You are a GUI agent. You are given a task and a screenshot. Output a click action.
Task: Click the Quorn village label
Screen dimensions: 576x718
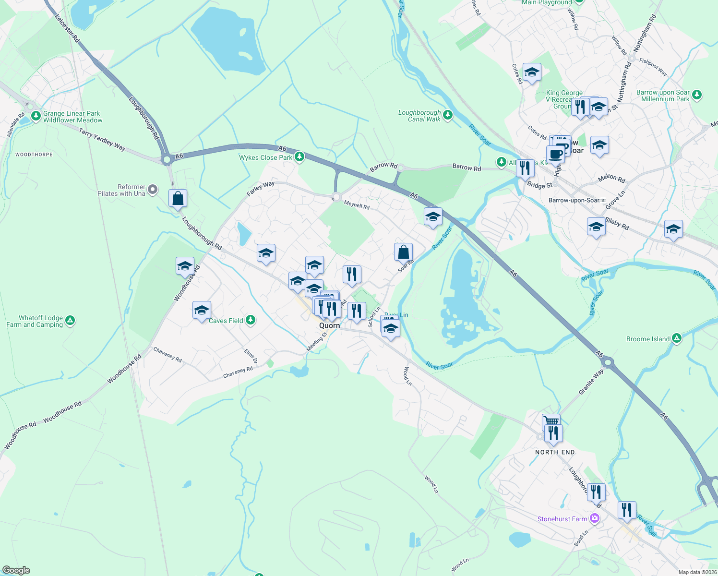[x=329, y=325]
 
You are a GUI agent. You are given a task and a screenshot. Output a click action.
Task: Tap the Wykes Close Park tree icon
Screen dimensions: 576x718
[x=299, y=157]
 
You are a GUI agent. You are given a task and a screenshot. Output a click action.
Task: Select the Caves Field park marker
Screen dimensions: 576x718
[x=250, y=320]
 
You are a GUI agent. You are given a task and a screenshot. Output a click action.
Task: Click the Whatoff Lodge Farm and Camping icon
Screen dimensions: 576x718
[x=70, y=321]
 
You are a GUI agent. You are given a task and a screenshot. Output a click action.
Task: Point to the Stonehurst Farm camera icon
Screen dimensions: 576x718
[x=595, y=518]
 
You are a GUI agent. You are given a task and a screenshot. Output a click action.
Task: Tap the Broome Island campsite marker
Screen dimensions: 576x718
[x=677, y=338]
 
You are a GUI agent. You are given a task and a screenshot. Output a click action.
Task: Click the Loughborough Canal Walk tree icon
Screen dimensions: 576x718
[x=447, y=115]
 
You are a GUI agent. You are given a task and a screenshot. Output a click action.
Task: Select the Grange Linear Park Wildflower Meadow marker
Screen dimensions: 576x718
[x=36, y=116]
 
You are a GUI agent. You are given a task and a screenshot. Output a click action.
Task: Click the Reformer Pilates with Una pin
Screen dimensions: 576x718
[x=153, y=190]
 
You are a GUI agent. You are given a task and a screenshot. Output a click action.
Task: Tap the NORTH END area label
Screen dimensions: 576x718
[x=555, y=452]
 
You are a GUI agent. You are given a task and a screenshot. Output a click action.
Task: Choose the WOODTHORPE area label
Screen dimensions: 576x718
[x=34, y=155]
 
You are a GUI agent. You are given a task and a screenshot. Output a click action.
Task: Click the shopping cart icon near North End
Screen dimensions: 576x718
[x=551, y=421]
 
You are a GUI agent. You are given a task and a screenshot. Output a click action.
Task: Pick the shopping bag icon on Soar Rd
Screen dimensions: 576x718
[x=403, y=252]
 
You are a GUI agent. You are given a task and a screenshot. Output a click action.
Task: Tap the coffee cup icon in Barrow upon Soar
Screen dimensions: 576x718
[x=555, y=155]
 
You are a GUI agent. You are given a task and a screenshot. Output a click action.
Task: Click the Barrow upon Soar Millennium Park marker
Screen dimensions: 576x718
[x=697, y=95]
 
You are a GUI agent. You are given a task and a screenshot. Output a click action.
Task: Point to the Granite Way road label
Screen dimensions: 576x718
[x=591, y=382]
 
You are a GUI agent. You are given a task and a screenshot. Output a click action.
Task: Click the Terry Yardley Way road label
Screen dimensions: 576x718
[x=102, y=140]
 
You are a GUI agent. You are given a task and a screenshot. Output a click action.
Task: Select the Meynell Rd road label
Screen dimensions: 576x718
[x=357, y=205]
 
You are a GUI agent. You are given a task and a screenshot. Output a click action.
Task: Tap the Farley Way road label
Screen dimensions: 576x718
[x=261, y=188]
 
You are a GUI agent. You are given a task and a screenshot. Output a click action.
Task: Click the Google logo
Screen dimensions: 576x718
[x=16, y=570]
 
